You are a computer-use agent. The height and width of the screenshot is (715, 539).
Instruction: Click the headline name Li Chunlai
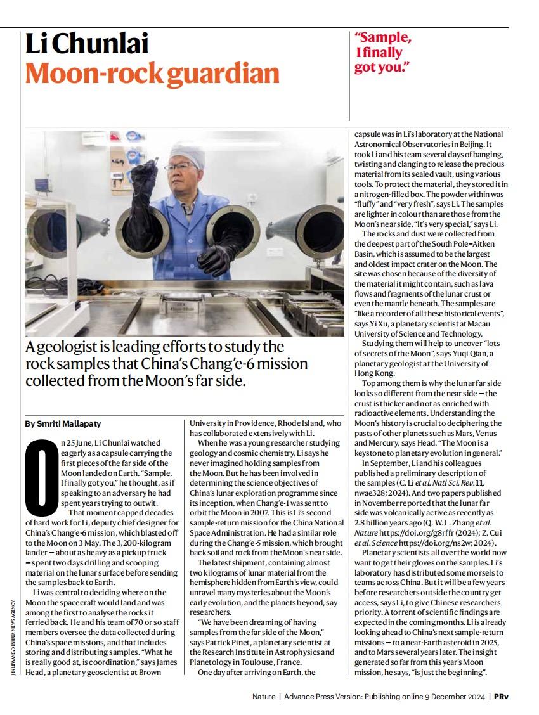[87, 44]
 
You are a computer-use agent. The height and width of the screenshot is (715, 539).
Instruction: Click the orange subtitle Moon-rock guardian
[152, 74]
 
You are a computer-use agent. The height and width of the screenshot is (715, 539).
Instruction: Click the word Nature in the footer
[263, 696]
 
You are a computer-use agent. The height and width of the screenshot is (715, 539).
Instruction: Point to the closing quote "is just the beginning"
[453, 671]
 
